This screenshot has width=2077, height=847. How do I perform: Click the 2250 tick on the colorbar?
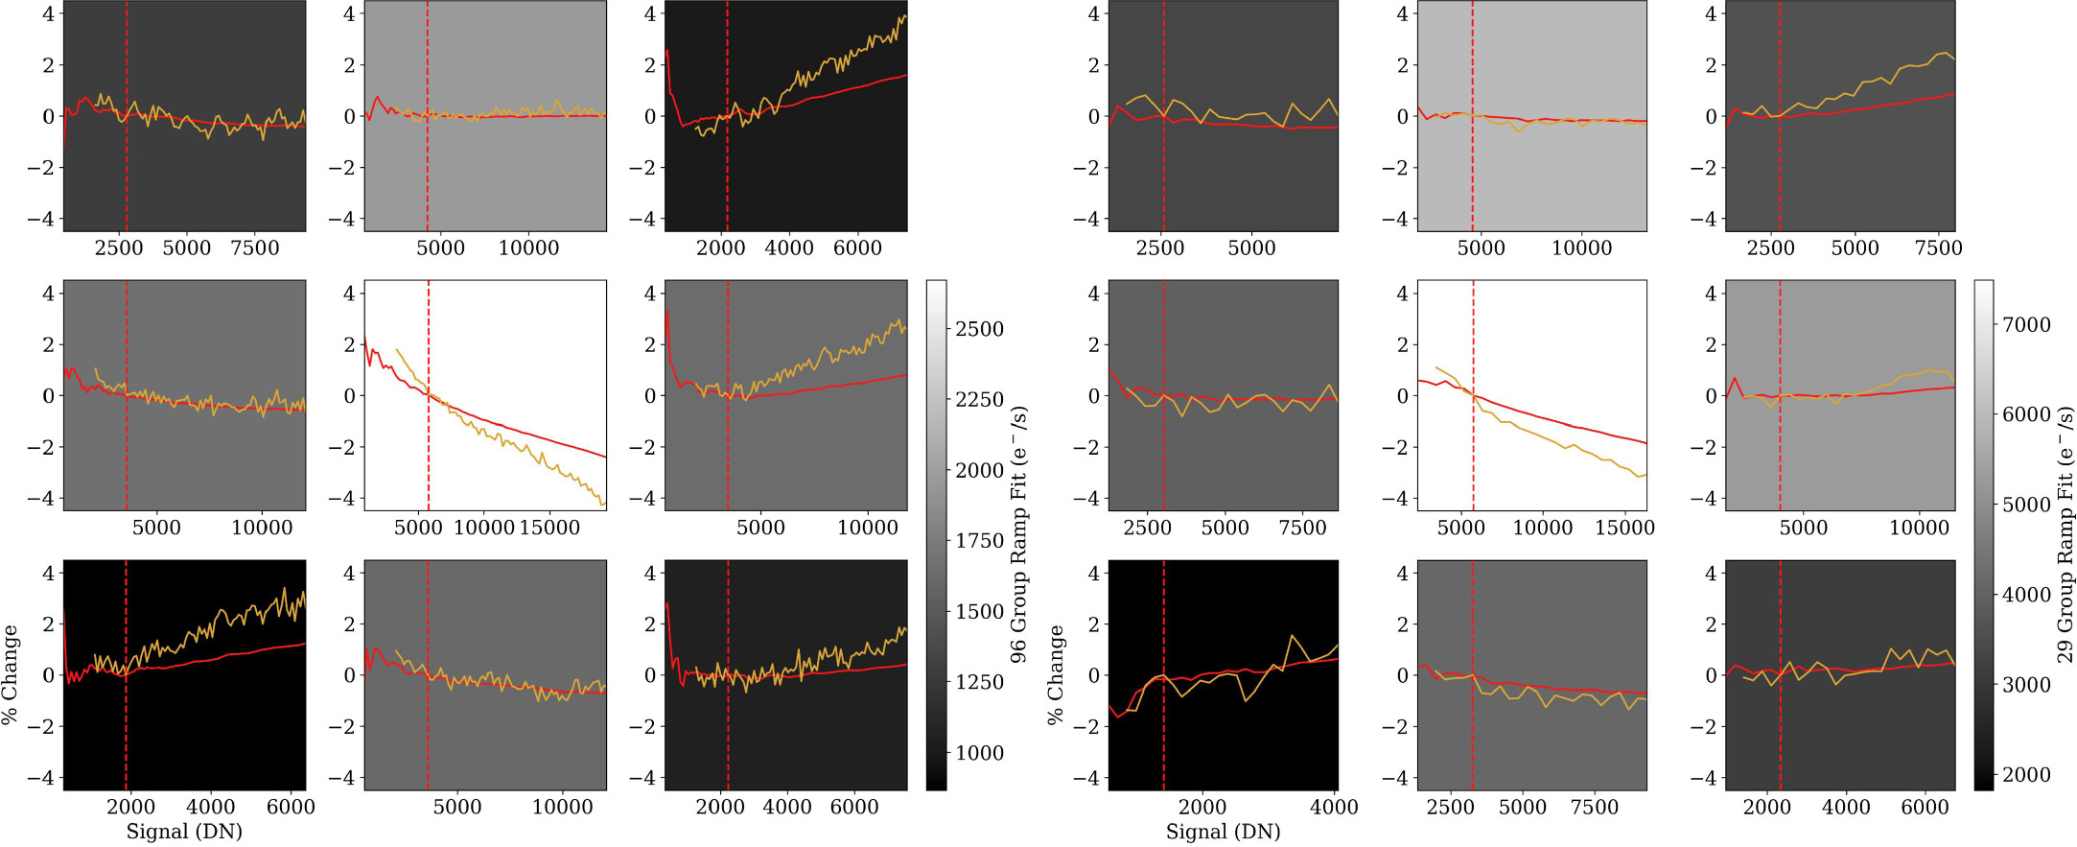pyautogui.click(x=979, y=400)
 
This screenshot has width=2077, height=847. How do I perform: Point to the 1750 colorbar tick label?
pyautogui.click(x=979, y=541)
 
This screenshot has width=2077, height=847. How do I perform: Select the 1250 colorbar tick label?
pyautogui.click(x=979, y=682)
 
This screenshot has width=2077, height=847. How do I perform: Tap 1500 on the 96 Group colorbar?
pyautogui.click(x=979, y=612)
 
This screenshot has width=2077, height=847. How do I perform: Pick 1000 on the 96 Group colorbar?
pyautogui.click(x=979, y=753)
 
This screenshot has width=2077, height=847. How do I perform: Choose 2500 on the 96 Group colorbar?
pyautogui.click(x=979, y=329)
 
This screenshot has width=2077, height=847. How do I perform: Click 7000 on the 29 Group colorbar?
pyautogui.click(x=2025, y=325)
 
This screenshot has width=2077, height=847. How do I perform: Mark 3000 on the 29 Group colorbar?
pyautogui.click(x=2025, y=685)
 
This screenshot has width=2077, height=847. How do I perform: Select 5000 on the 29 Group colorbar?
pyautogui.click(x=2025, y=506)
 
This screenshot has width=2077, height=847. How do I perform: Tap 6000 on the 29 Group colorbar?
pyautogui.click(x=2025, y=415)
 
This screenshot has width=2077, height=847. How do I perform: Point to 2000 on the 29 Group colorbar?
pyautogui.click(x=2025, y=775)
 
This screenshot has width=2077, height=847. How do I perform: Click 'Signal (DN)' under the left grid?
pyautogui.click(x=184, y=832)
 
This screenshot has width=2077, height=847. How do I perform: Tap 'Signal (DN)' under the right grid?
pyautogui.click(x=1223, y=832)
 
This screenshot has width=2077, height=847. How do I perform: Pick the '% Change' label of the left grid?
pyautogui.click(x=11, y=675)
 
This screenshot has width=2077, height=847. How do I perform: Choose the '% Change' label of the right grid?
pyautogui.click(x=1056, y=675)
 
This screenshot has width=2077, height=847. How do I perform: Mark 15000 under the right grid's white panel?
pyautogui.click(x=1623, y=528)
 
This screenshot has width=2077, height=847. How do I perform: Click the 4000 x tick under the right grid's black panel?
pyautogui.click(x=1333, y=808)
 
